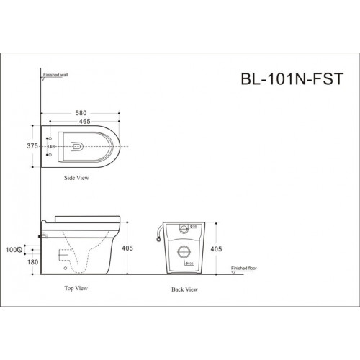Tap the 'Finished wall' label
click(57, 73)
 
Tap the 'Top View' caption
click(75, 286)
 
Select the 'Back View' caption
click(186, 290)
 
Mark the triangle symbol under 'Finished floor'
click(233, 273)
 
